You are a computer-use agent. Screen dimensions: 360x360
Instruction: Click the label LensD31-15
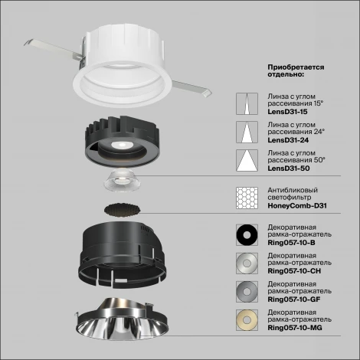point(286,111)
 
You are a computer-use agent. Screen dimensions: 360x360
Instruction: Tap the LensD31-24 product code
point(287,139)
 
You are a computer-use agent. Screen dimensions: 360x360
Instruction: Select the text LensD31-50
point(287,167)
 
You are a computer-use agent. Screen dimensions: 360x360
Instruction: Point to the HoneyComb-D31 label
point(297,205)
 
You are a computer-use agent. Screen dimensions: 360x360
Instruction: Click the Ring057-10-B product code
point(293,243)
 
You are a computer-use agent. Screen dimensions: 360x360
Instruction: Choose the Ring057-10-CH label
point(296,270)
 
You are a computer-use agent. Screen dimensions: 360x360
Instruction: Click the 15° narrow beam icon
point(247,104)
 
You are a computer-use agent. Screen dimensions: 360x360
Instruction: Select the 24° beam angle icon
point(247,133)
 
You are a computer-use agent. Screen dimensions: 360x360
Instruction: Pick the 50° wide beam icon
point(247,160)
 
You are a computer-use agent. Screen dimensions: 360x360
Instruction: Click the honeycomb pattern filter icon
point(247,199)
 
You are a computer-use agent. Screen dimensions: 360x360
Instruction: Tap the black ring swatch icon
point(247,235)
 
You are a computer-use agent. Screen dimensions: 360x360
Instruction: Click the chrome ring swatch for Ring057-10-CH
point(247,263)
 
